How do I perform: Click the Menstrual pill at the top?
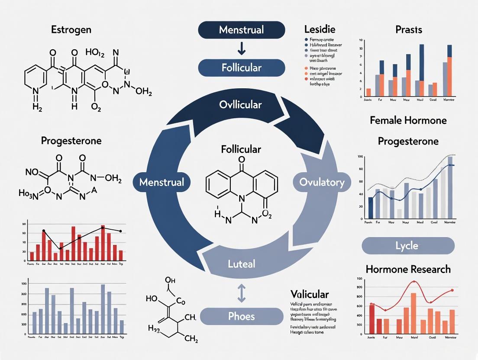(x=241, y=30)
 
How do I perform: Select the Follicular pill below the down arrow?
(x=241, y=68)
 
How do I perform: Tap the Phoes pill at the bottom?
(x=241, y=316)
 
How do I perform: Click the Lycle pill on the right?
(x=407, y=246)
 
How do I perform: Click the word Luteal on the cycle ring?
(x=241, y=264)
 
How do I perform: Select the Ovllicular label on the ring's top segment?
(x=240, y=105)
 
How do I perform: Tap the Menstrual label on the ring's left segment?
(x=161, y=182)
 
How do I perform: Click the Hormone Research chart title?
(x=408, y=269)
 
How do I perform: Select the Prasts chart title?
(x=408, y=30)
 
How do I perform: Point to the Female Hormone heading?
(x=408, y=120)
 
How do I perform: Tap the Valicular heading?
(x=309, y=295)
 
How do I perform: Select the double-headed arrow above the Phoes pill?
(x=241, y=294)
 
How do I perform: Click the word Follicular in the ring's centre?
(x=241, y=149)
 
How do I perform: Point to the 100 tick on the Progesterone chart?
(x=360, y=157)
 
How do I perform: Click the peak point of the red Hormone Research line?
(x=414, y=282)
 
